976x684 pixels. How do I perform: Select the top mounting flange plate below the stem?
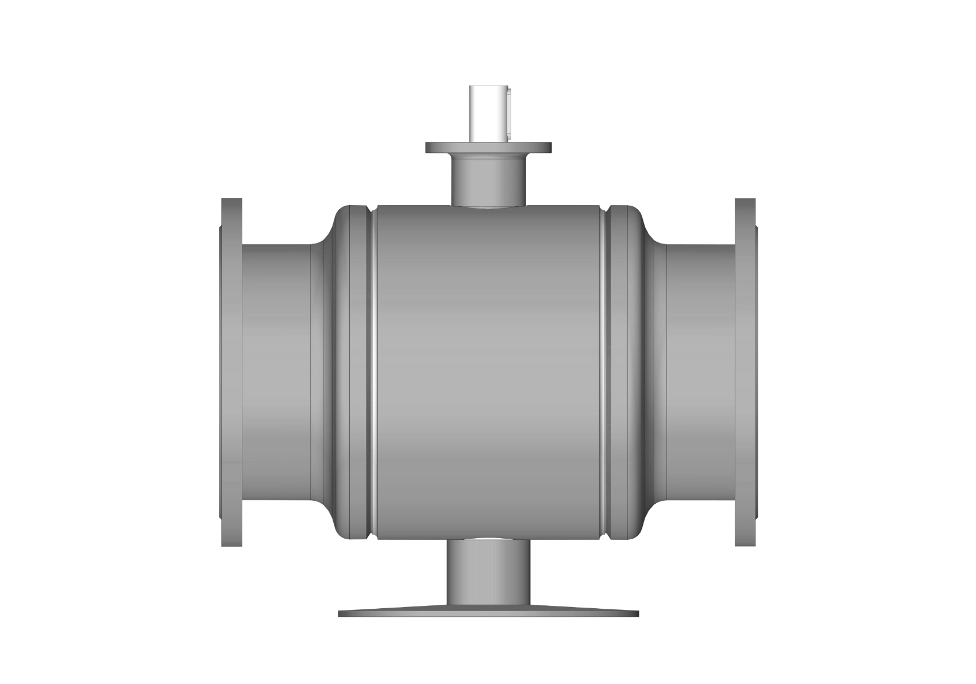click(488, 148)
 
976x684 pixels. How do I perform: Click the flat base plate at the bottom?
click(488, 613)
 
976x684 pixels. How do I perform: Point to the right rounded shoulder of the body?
click(638, 230)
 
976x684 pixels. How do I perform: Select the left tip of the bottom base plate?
click(341, 613)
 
